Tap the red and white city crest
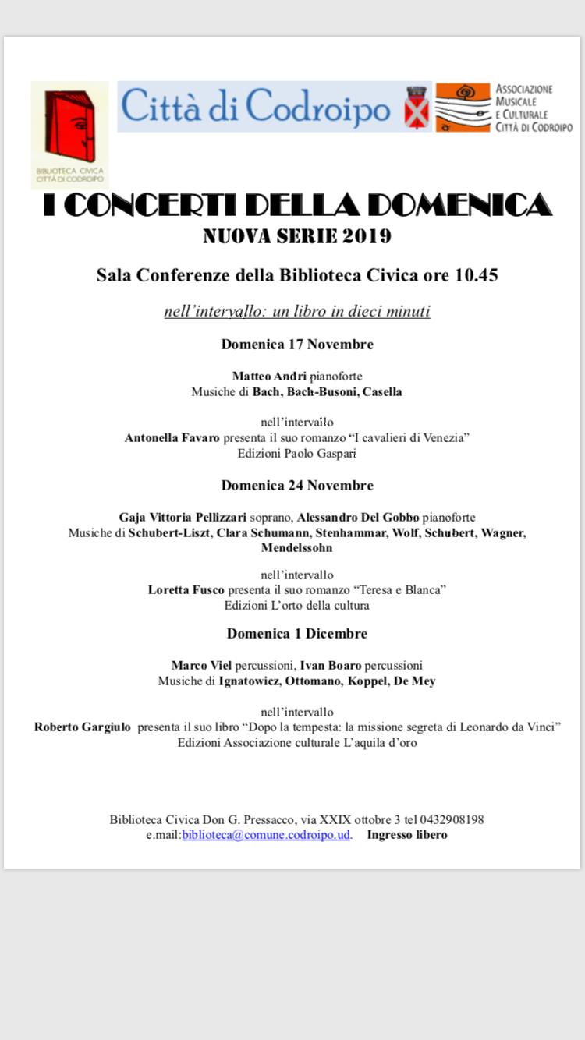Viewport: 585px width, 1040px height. (x=417, y=108)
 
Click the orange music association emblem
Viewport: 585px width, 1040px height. (x=463, y=107)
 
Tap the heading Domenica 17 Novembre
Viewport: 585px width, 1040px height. (x=297, y=345)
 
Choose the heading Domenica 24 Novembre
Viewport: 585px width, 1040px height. (x=297, y=486)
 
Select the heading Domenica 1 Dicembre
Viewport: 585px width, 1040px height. (x=297, y=634)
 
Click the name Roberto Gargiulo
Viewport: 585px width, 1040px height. (x=83, y=727)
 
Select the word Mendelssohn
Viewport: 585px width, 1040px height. (x=296, y=548)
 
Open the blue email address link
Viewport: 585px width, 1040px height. (x=266, y=835)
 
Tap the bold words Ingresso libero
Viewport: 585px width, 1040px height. (x=407, y=835)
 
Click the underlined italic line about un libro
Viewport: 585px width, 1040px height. (x=297, y=312)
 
